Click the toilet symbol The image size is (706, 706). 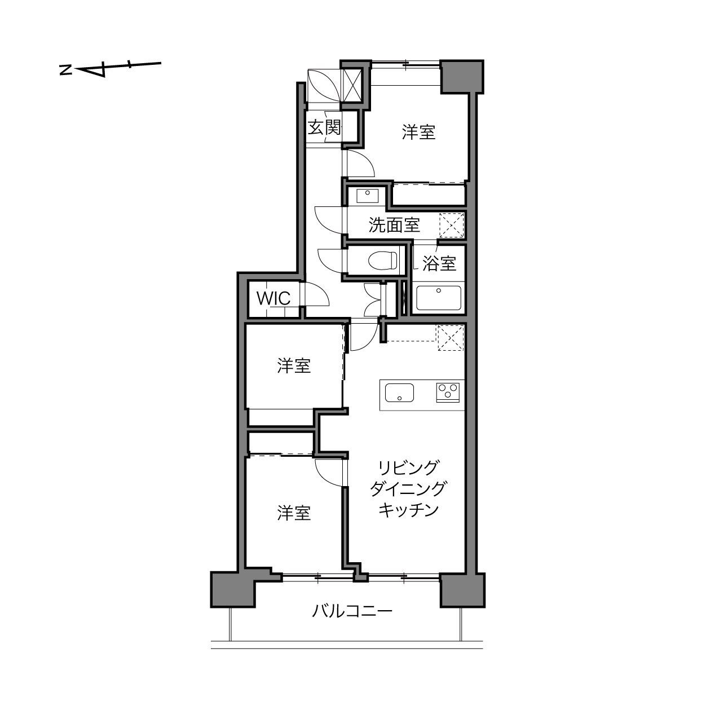pyautogui.click(x=383, y=260)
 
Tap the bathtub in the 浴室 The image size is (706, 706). pyautogui.click(x=439, y=298)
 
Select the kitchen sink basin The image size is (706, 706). pyautogui.click(x=399, y=392)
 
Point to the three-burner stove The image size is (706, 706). pyautogui.click(x=448, y=392)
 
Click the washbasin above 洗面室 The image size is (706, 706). pyautogui.click(x=368, y=195)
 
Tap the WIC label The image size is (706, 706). pyautogui.click(x=273, y=299)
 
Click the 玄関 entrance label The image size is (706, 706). pyautogui.click(x=324, y=127)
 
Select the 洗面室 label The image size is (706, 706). pyautogui.click(x=394, y=225)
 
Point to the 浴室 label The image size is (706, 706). pyautogui.click(x=439, y=263)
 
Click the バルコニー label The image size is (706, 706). pyautogui.click(x=352, y=611)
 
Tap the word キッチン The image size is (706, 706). pyautogui.click(x=408, y=510)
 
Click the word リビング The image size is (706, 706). pyautogui.click(x=408, y=468)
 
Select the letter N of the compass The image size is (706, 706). pyautogui.click(x=65, y=70)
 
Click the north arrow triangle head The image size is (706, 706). pyautogui.click(x=94, y=70)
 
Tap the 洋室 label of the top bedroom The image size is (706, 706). pyautogui.click(x=418, y=132)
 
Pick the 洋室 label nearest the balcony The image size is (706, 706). pyautogui.click(x=294, y=513)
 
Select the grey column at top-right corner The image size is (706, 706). pyautogui.click(x=462, y=77)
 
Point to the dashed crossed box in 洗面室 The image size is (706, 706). pyautogui.click(x=451, y=225)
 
